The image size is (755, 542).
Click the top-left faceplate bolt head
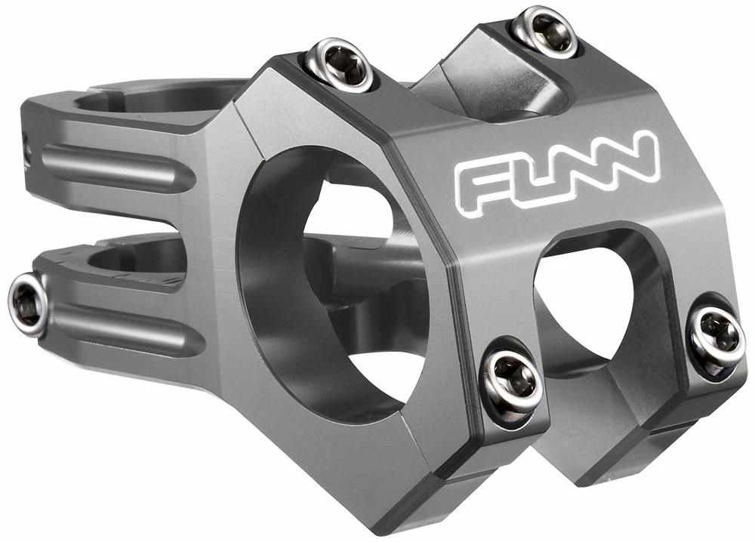[340, 65]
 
